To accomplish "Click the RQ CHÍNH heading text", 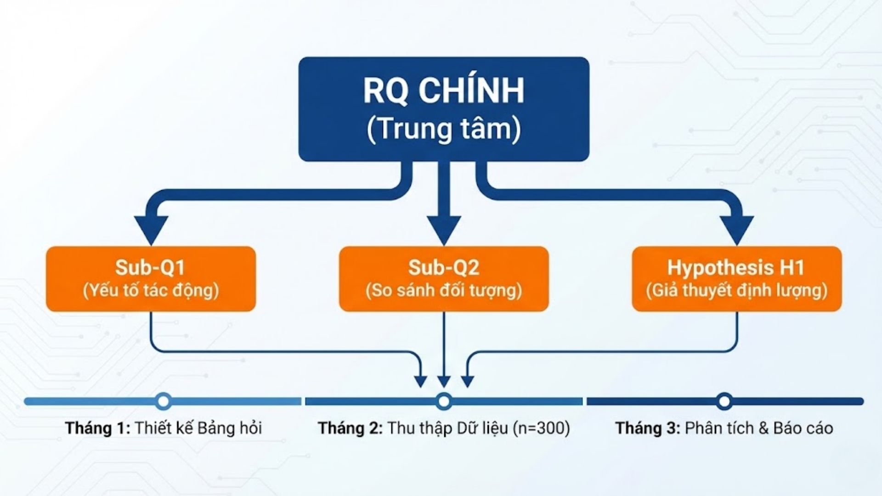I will [x=443, y=90].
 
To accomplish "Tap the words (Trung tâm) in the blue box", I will [x=443, y=129].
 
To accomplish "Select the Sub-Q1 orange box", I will [x=151, y=278].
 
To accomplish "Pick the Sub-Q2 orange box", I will [x=443, y=278].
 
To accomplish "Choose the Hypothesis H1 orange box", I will [x=736, y=278].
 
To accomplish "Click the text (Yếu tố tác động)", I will [x=151, y=291].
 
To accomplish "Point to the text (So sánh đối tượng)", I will [x=443, y=291].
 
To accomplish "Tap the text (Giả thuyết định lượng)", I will [x=736, y=291].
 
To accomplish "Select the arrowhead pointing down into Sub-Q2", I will [x=443, y=230].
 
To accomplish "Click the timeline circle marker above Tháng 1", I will [x=163, y=401].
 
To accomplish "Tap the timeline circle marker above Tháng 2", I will [x=443, y=401].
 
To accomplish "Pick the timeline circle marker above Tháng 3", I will [x=724, y=401].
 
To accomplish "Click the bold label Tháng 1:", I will [x=98, y=428].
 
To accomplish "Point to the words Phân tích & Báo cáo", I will [x=758, y=428].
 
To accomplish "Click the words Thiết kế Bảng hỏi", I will [x=198, y=428].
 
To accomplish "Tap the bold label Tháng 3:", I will [x=648, y=428].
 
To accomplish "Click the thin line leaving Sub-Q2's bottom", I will [x=443, y=340].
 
